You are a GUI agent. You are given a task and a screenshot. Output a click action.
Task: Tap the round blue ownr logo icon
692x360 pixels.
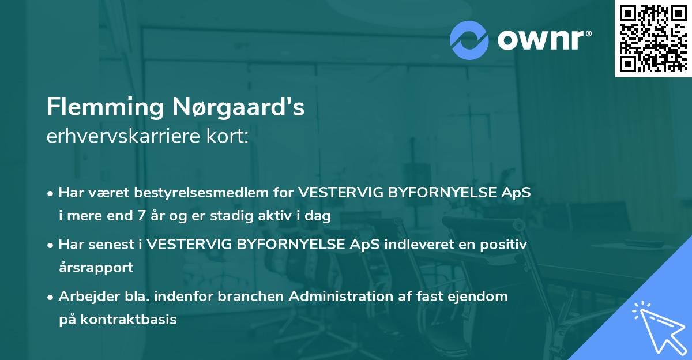[469, 40]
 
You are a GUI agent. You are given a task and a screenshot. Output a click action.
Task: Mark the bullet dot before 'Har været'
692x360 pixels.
[51, 193]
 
